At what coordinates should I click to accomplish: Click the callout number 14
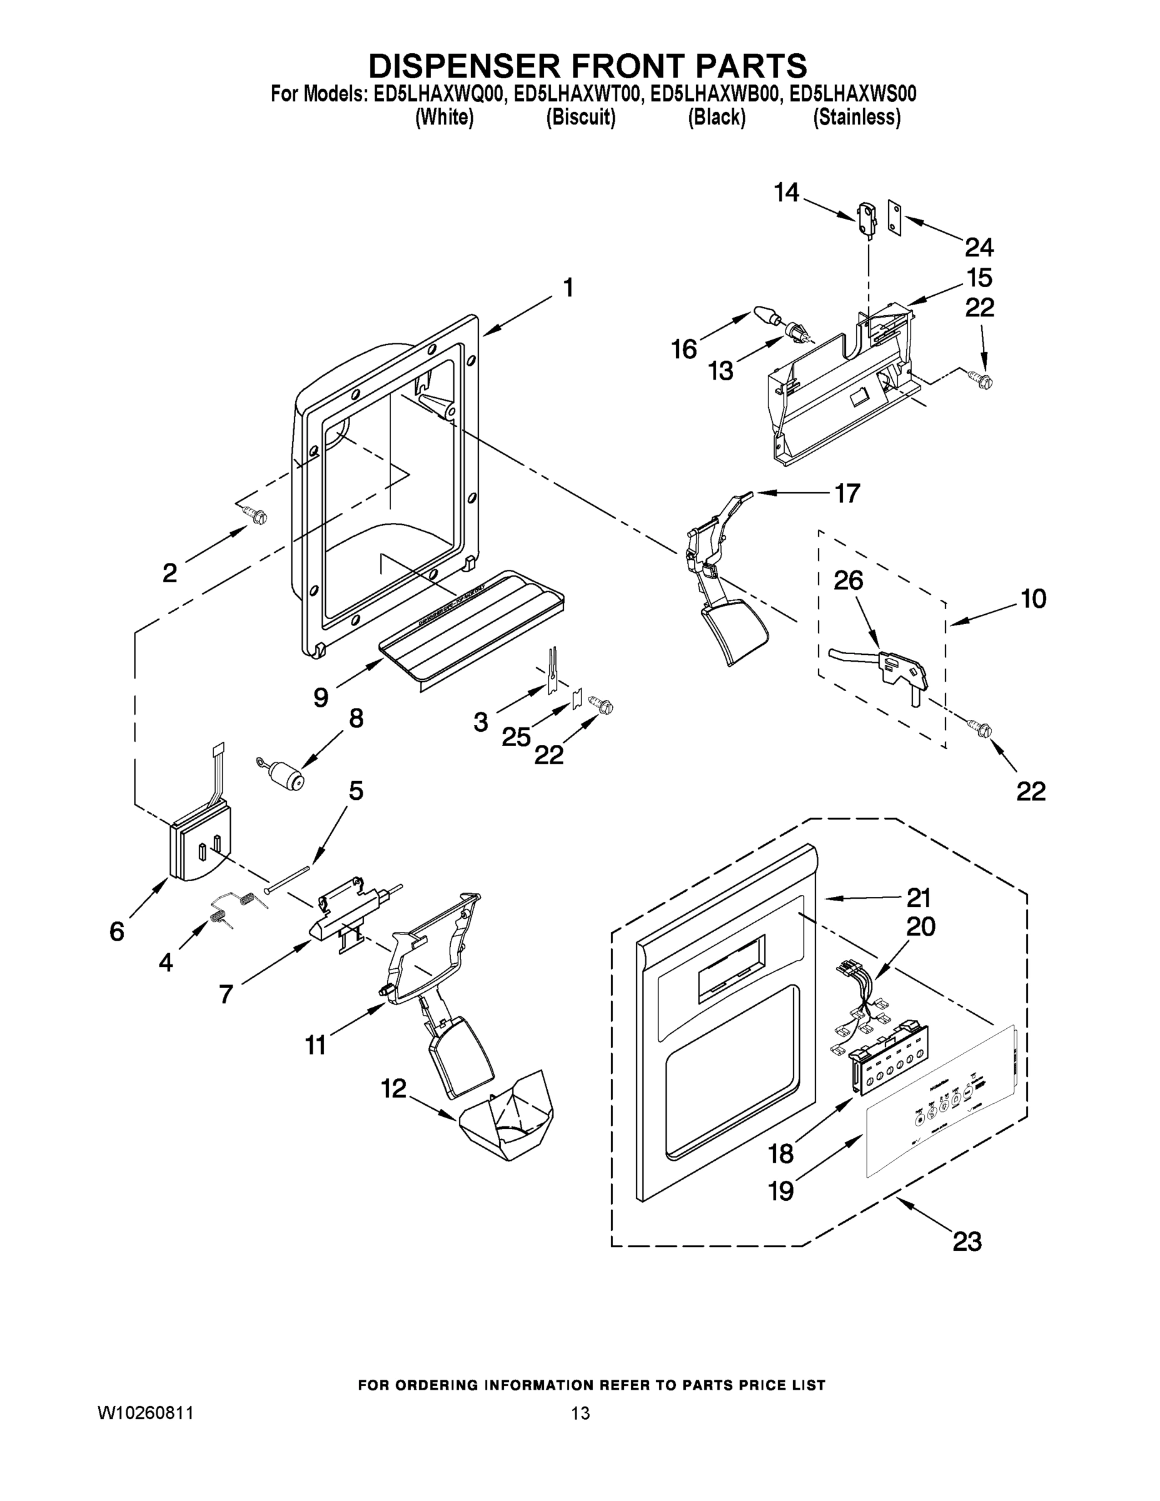[x=786, y=193]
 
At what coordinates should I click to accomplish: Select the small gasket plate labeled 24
[x=894, y=218]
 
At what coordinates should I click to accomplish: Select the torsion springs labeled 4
[x=234, y=906]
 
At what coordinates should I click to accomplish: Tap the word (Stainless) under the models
[x=856, y=118]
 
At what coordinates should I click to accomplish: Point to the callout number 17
[x=847, y=493]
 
